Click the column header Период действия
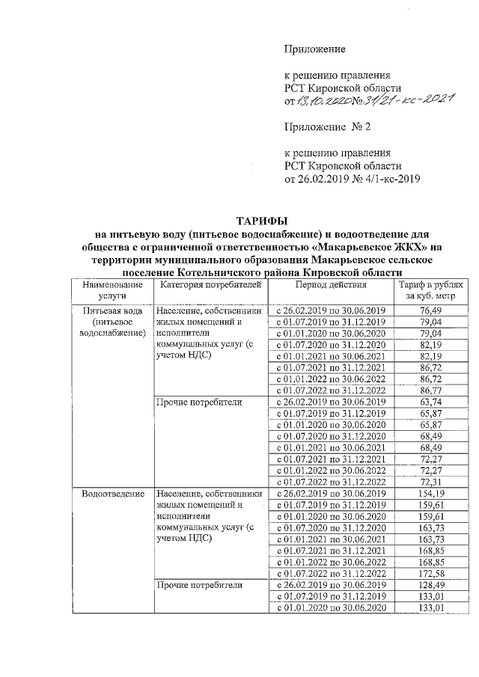point(330,286)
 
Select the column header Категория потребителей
point(207,286)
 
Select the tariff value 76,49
point(430,310)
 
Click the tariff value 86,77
point(430,390)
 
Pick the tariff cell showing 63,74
point(430,402)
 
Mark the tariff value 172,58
point(430,573)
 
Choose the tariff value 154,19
point(430,494)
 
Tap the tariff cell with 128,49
point(430,584)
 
